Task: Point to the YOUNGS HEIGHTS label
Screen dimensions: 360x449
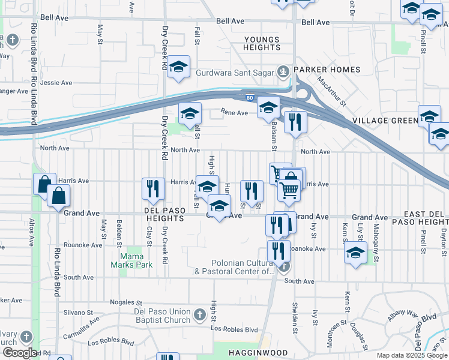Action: point(262,44)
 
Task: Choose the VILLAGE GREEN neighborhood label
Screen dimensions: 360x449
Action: point(384,121)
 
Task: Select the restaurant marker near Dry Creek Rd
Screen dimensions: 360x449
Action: point(152,188)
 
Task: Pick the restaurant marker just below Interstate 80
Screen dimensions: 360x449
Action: point(295,122)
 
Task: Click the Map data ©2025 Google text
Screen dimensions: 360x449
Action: point(412,355)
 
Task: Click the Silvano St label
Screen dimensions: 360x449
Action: point(79,313)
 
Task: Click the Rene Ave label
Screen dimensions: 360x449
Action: point(234,112)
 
